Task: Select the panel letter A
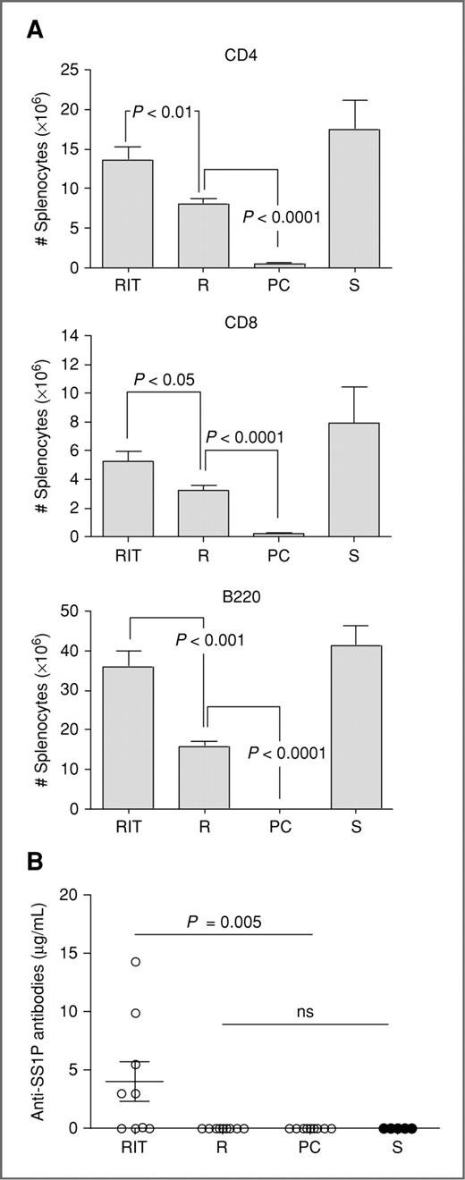pos(33,29)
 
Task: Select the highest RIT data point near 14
pos(135,962)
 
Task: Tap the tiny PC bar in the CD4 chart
pos(279,265)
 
